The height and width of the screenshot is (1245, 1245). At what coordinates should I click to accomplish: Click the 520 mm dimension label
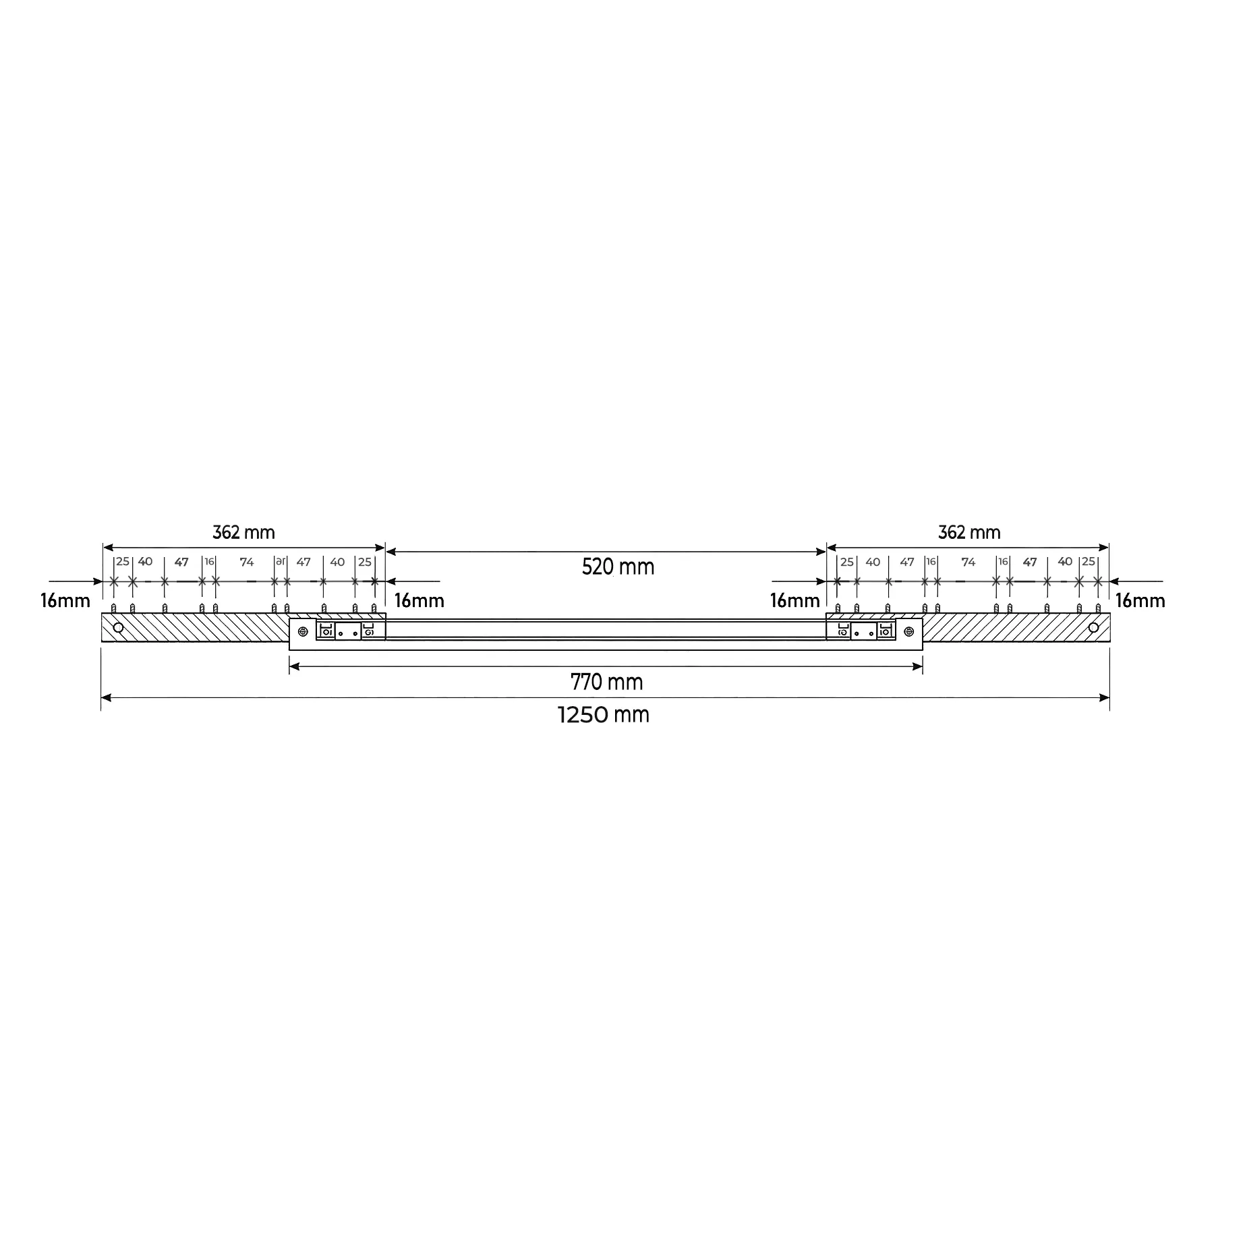coord(618,567)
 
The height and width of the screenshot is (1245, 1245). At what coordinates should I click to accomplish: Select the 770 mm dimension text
coord(606,683)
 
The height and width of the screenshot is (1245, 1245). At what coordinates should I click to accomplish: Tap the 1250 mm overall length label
coord(604,714)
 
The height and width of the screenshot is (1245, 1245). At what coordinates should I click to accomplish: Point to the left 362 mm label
coord(243,532)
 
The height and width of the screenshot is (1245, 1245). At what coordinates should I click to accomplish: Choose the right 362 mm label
coord(969,532)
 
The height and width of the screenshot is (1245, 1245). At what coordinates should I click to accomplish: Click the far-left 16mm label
coord(65,600)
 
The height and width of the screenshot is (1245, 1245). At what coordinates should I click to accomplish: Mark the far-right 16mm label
coord(1140,600)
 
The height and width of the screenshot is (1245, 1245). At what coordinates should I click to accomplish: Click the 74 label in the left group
coord(247,562)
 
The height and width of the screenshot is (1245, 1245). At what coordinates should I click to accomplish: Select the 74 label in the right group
coord(968,562)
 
